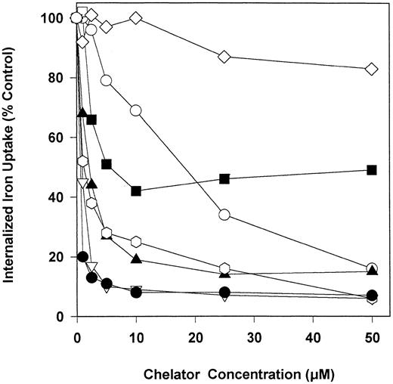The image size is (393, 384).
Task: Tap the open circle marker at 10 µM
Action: (x=136, y=110)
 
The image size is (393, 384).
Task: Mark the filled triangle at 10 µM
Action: (x=136, y=259)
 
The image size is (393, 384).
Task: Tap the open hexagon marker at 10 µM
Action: (x=136, y=242)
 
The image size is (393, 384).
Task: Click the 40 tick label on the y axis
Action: (x=59, y=197)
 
